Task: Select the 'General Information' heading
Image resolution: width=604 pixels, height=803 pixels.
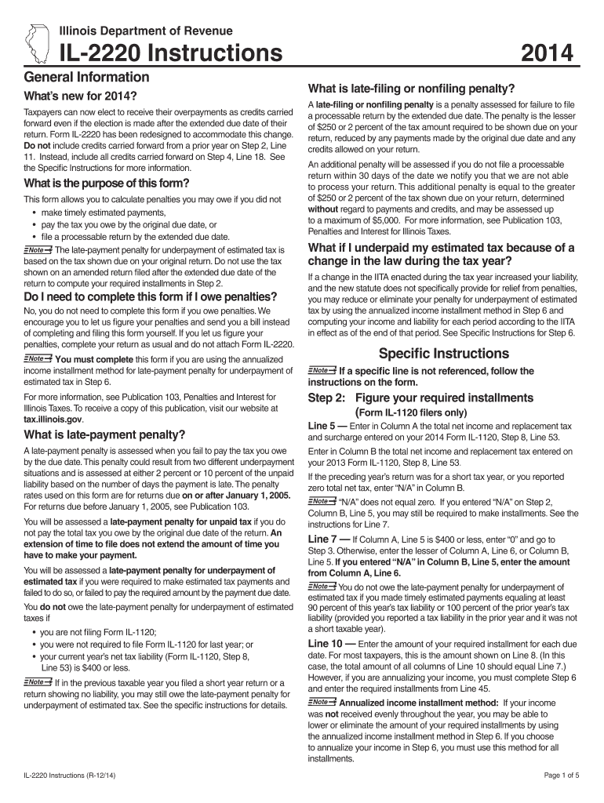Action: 87,77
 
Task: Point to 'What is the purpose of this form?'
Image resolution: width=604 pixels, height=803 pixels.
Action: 107,183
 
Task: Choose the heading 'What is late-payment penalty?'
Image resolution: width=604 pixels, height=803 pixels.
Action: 104,434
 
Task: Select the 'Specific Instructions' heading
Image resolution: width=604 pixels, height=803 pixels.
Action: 443,353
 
